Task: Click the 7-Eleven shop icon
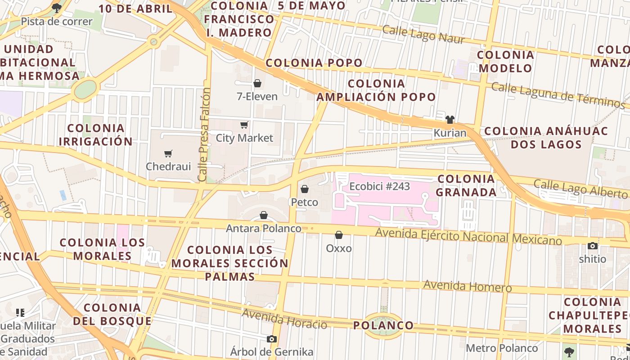[x=257, y=83]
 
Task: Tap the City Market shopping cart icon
[x=244, y=125]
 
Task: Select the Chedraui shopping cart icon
[x=168, y=154]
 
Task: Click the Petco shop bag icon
[x=305, y=189]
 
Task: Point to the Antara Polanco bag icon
[x=264, y=216]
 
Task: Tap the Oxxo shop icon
[x=339, y=235]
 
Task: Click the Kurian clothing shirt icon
[x=450, y=120]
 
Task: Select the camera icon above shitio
[x=593, y=246]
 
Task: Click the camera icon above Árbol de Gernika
[x=272, y=339]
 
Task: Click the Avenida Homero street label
[x=468, y=286]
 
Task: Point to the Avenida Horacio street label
[x=284, y=319]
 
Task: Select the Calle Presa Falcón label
[x=204, y=135]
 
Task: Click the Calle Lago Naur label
[x=423, y=35]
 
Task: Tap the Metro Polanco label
[x=502, y=348]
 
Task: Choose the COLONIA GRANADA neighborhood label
[x=467, y=185]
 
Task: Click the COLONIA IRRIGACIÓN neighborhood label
[x=95, y=135]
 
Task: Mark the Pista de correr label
[x=57, y=21]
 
